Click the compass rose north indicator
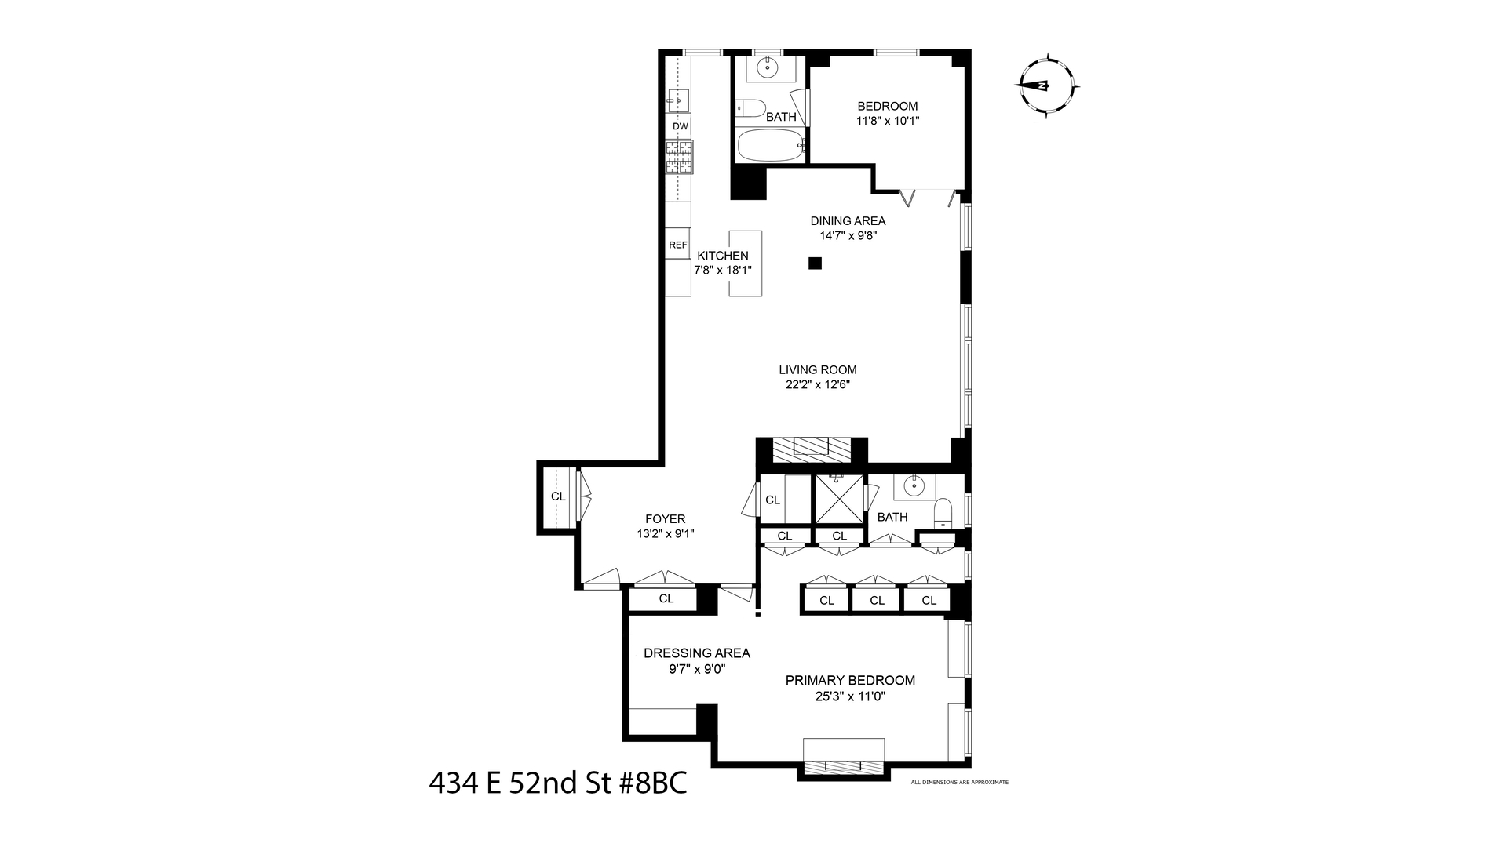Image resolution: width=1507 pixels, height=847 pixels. pyautogui.click(x=1046, y=85)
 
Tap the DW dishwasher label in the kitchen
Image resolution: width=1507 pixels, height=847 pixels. pyautogui.click(x=680, y=126)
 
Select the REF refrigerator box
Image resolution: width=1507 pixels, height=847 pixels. pyautogui.click(x=677, y=245)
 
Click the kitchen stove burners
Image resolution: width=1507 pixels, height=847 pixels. pyautogui.click(x=680, y=157)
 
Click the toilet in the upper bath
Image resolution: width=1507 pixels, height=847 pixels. pyautogui.click(x=750, y=109)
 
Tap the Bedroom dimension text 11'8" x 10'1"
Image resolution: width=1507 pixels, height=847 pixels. pyautogui.click(x=887, y=121)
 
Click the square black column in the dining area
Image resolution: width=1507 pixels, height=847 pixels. pyautogui.click(x=815, y=264)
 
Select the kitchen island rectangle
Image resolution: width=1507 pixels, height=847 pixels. pyautogui.click(x=745, y=264)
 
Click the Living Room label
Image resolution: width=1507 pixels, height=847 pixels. pyautogui.click(x=817, y=369)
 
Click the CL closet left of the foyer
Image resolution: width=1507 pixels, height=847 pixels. pyautogui.click(x=557, y=496)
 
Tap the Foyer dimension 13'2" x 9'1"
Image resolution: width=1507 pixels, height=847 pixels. pyautogui.click(x=665, y=533)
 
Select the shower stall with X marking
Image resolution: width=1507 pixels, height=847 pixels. pyautogui.click(x=838, y=499)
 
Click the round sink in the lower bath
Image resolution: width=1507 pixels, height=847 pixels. pyautogui.click(x=914, y=487)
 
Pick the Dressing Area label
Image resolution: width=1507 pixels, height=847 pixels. pyautogui.click(x=696, y=653)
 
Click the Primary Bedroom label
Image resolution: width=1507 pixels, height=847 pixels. pyautogui.click(x=850, y=680)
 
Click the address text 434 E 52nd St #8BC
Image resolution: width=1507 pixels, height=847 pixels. pyautogui.click(x=557, y=783)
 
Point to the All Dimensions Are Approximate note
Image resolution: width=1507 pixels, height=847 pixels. pyautogui.click(x=959, y=782)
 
